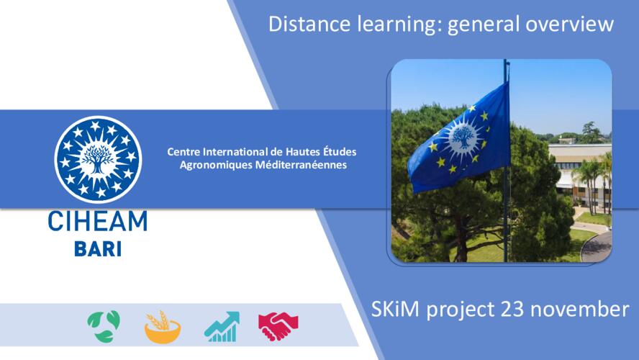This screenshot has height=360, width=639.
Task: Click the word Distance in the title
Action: (309, 23)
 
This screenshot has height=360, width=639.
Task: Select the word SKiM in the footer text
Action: (395, 309)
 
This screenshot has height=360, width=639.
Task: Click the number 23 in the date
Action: (512, 309)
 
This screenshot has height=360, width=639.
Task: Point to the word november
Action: (579, 310)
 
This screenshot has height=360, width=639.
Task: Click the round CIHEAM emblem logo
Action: (98, 159)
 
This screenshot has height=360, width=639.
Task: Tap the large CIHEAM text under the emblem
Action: (98, 221)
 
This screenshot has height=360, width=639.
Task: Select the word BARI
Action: (98, 249)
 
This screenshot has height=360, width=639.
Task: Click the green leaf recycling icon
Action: (104, 326)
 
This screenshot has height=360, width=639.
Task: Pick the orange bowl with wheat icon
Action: (163, 327)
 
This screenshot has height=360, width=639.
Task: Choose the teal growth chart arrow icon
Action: (222, 327)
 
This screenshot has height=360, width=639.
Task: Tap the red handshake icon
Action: (278, 326)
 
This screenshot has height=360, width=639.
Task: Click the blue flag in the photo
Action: (459, 139)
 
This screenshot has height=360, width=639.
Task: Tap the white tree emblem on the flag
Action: (463, 137)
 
